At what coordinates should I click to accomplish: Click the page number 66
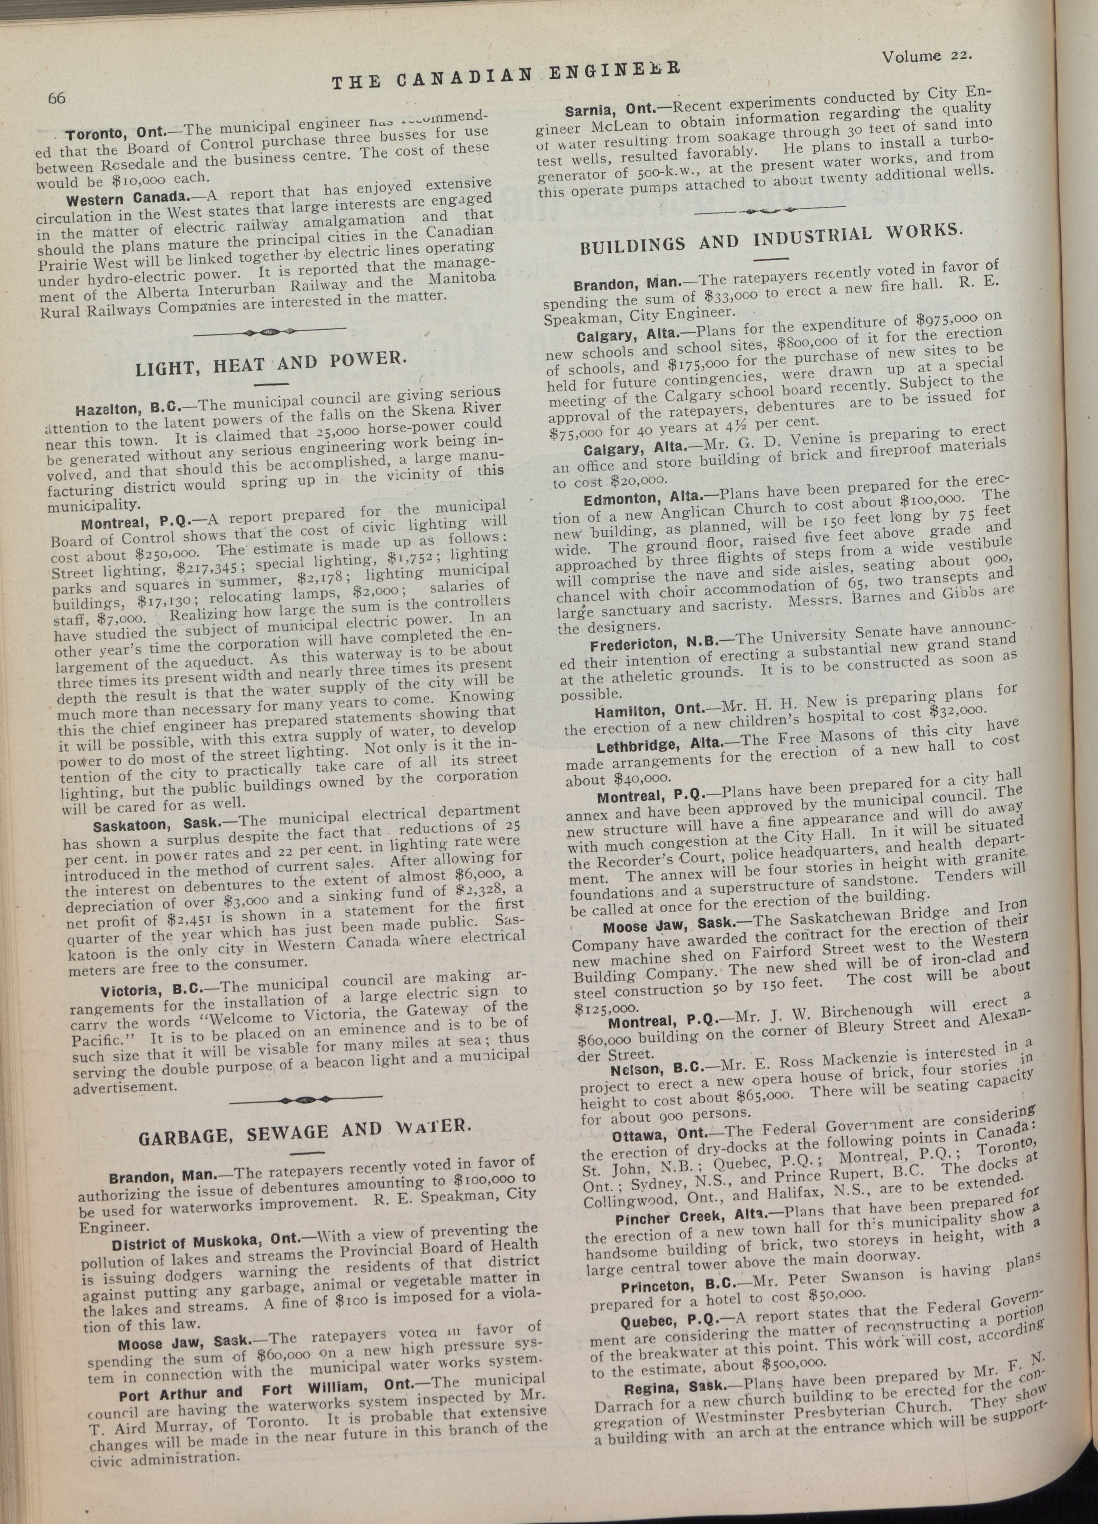coord(55,98)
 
